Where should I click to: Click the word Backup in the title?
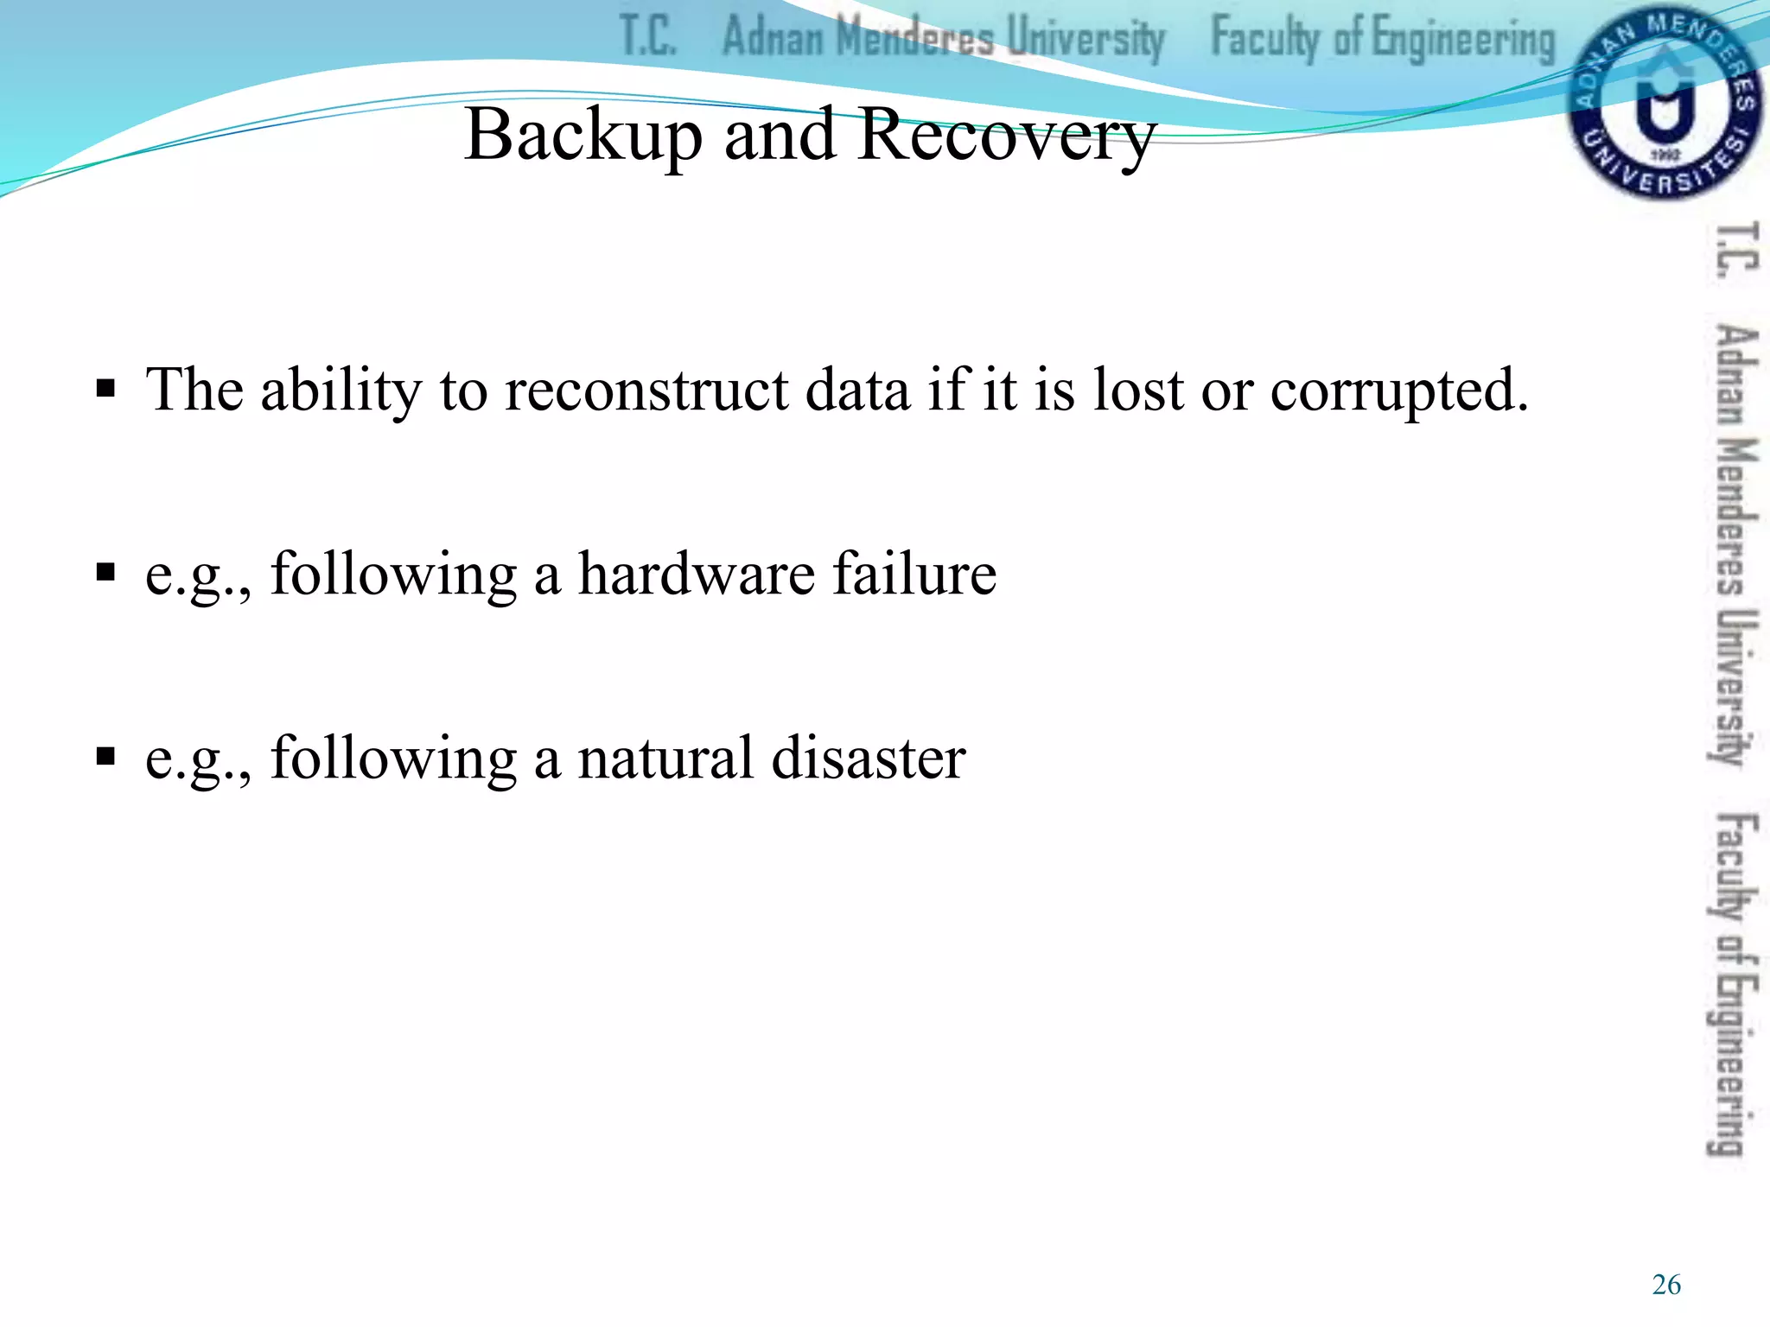point(583,137)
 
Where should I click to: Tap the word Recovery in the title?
point(1007,137)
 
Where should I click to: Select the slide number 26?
point(1665,1285)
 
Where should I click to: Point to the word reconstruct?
point(646,390)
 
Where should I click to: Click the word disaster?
point(869,758)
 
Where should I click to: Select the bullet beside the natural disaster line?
point(105,757)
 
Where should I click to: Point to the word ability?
point(341,390)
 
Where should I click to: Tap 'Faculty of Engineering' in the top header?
point(1382,40)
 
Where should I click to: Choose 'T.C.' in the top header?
point(648,38)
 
